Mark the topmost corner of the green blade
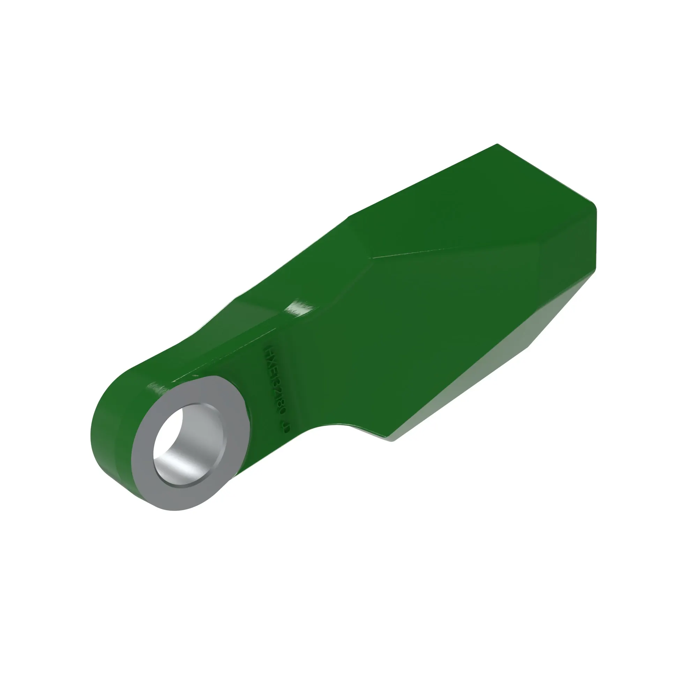coord(497,144)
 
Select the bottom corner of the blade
coord(393,440)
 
